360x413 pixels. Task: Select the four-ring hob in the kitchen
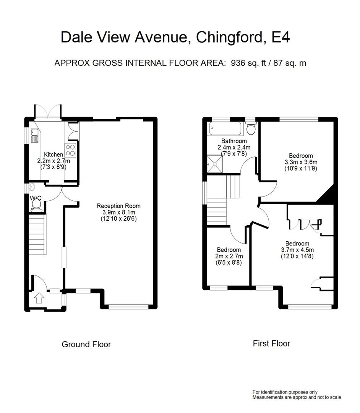[71, 150]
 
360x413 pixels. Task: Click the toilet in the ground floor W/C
[37, 205]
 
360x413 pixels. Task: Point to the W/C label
[35, 198]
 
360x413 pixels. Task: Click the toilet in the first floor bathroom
[251, 129]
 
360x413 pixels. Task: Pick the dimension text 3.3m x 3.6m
[301, 162]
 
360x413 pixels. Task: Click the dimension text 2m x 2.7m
[228, 256]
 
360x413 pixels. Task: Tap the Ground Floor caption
[86, 344]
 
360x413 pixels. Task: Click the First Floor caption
[271, 343]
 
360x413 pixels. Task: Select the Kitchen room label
[54, 154]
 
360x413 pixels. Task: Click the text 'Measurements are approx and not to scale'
[297, 397]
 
